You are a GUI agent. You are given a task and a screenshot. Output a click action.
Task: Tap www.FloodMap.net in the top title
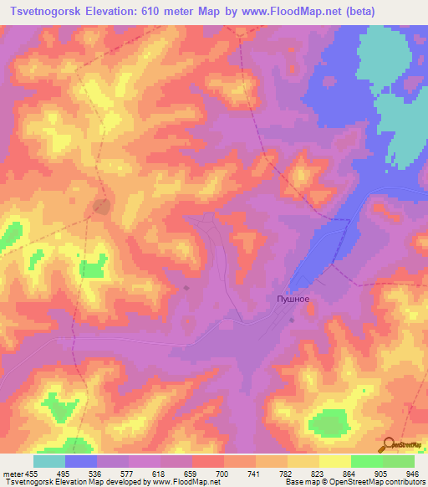[279, 12]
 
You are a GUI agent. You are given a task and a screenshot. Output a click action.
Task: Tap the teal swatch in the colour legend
[49, 461]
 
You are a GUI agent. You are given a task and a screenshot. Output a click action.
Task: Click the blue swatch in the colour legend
[81, 461]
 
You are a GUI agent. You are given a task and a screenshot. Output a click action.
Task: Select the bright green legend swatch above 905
[366, 461]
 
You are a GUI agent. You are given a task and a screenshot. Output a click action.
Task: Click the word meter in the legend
[13, 474]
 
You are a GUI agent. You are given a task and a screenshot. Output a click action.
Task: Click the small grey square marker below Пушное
[292, 320]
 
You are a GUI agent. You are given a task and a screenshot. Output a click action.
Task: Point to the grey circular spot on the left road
[102, 206]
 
